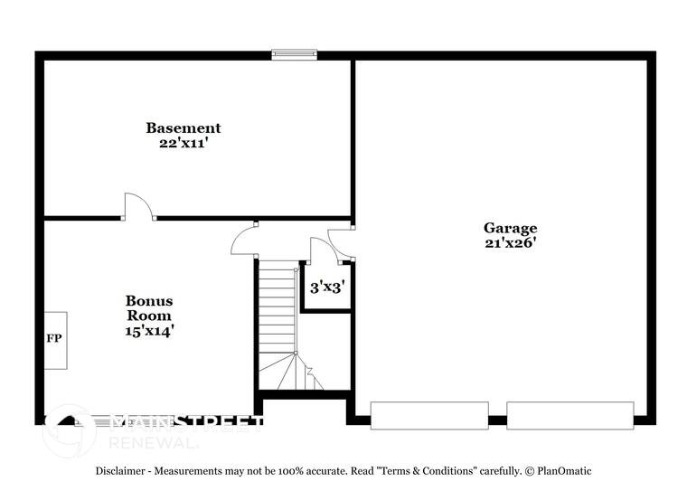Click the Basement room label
coord(184,128)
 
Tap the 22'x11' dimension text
coord(184,143)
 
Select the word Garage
coord(510,228)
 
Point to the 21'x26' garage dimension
coord(510,242)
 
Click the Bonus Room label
coord(149,307)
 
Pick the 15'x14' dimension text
coord(149,331)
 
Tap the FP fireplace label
coord(54,339)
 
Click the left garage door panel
coord(429,415)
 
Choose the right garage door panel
coord(569,415)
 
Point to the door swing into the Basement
coord(138,205)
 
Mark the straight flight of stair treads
coord(277,307)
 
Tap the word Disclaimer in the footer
coord(125,471)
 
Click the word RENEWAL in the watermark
coord(153,443)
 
